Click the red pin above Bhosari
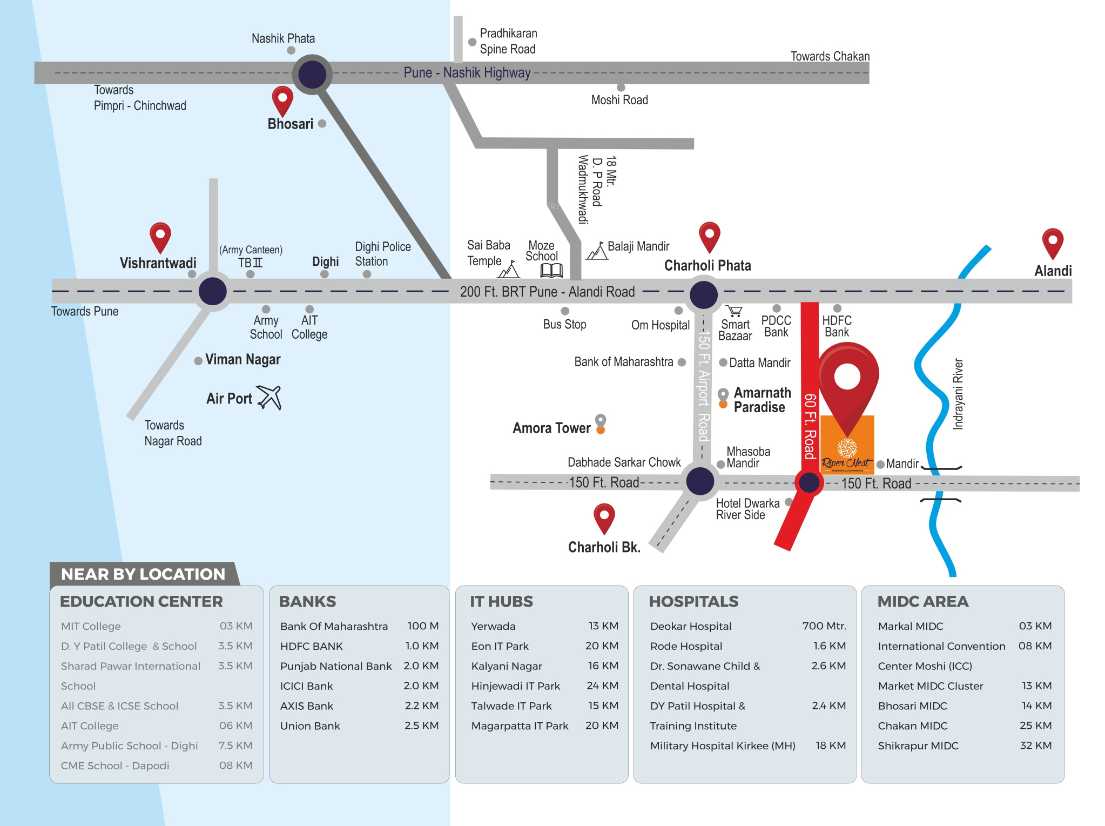282,100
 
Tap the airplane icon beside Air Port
269,398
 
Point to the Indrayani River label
958,394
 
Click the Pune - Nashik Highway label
467,72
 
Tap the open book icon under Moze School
551,270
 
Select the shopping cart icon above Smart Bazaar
735,311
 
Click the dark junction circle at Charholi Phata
703,294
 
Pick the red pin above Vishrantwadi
160,237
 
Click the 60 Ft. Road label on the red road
809,426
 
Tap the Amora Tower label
551,428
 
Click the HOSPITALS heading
693,601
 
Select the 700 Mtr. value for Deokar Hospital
824,626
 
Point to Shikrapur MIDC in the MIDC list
918,746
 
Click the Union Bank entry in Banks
310,726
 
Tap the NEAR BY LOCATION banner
143,574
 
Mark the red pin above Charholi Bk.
604,518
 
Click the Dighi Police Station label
382,254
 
